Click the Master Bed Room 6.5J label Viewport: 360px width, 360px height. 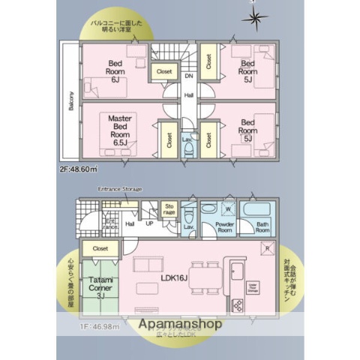tap(119, 130)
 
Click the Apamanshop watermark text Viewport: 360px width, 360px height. tap(180, 325)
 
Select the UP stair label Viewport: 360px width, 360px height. tap(150, 223)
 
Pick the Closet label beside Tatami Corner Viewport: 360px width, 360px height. tap(100, 247)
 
